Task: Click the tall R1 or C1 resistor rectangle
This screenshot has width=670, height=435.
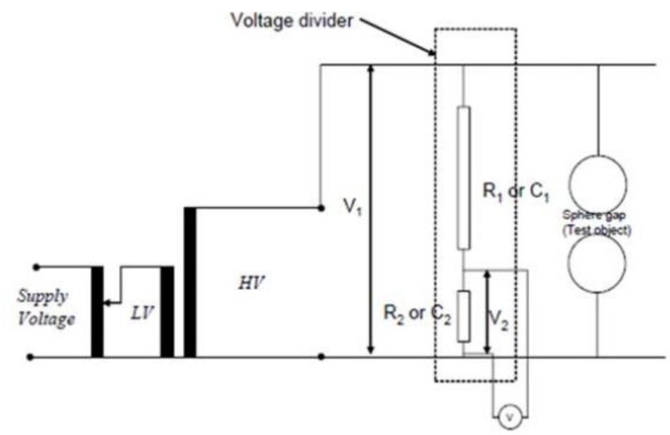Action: (463, 178)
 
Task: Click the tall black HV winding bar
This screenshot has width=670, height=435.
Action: (190, 282)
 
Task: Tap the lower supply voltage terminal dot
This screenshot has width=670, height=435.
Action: (30, 357)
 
